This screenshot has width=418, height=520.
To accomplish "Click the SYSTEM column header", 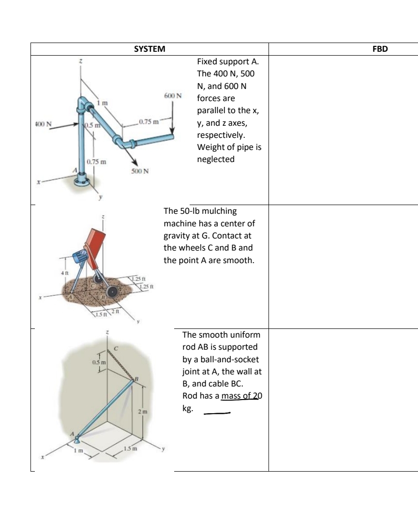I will tap(149, 49).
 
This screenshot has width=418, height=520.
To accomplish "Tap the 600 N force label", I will tap(173, 95).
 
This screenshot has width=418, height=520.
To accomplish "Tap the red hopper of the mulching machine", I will tap(97, 247).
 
